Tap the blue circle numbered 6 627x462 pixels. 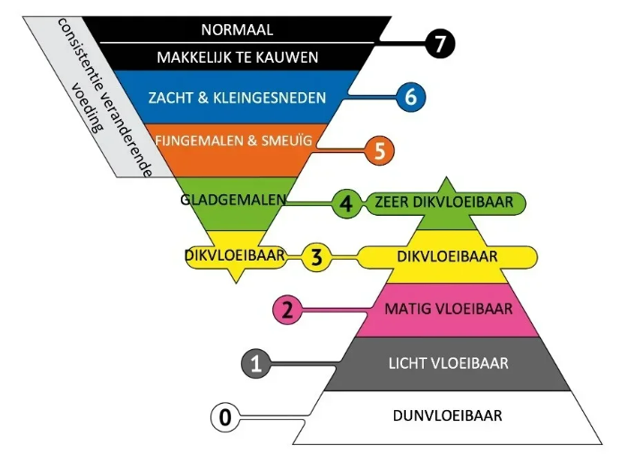coord(410,97)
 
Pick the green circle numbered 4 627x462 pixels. coord(346,202)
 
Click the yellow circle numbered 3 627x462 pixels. coord(316,257)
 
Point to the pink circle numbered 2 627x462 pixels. coord(288,310)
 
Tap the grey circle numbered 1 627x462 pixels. coord(256,364)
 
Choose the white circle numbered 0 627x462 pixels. coord(226,416)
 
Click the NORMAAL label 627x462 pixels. coord(237,29)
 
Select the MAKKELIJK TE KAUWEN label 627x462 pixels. coord(237,57)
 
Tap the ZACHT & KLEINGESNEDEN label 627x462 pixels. coord(237,97)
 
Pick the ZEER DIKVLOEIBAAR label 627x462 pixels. coord(445,202)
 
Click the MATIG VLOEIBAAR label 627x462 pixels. coord(448,310)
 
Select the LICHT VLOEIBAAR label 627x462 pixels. coord(448,364)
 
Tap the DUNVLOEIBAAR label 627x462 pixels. coord(448,415)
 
